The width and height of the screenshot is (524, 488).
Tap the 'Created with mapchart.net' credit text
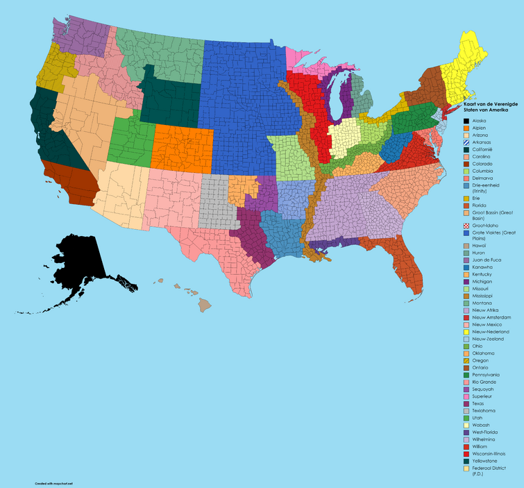tap(36, 482)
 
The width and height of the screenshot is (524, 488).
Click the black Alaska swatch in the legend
tap(466, 121)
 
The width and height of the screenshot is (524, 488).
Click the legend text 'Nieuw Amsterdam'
tap(490, 317)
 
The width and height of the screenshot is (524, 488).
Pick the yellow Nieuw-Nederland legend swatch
tap(466, 332)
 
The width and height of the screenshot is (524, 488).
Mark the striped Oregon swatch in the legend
tap(466, 360)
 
